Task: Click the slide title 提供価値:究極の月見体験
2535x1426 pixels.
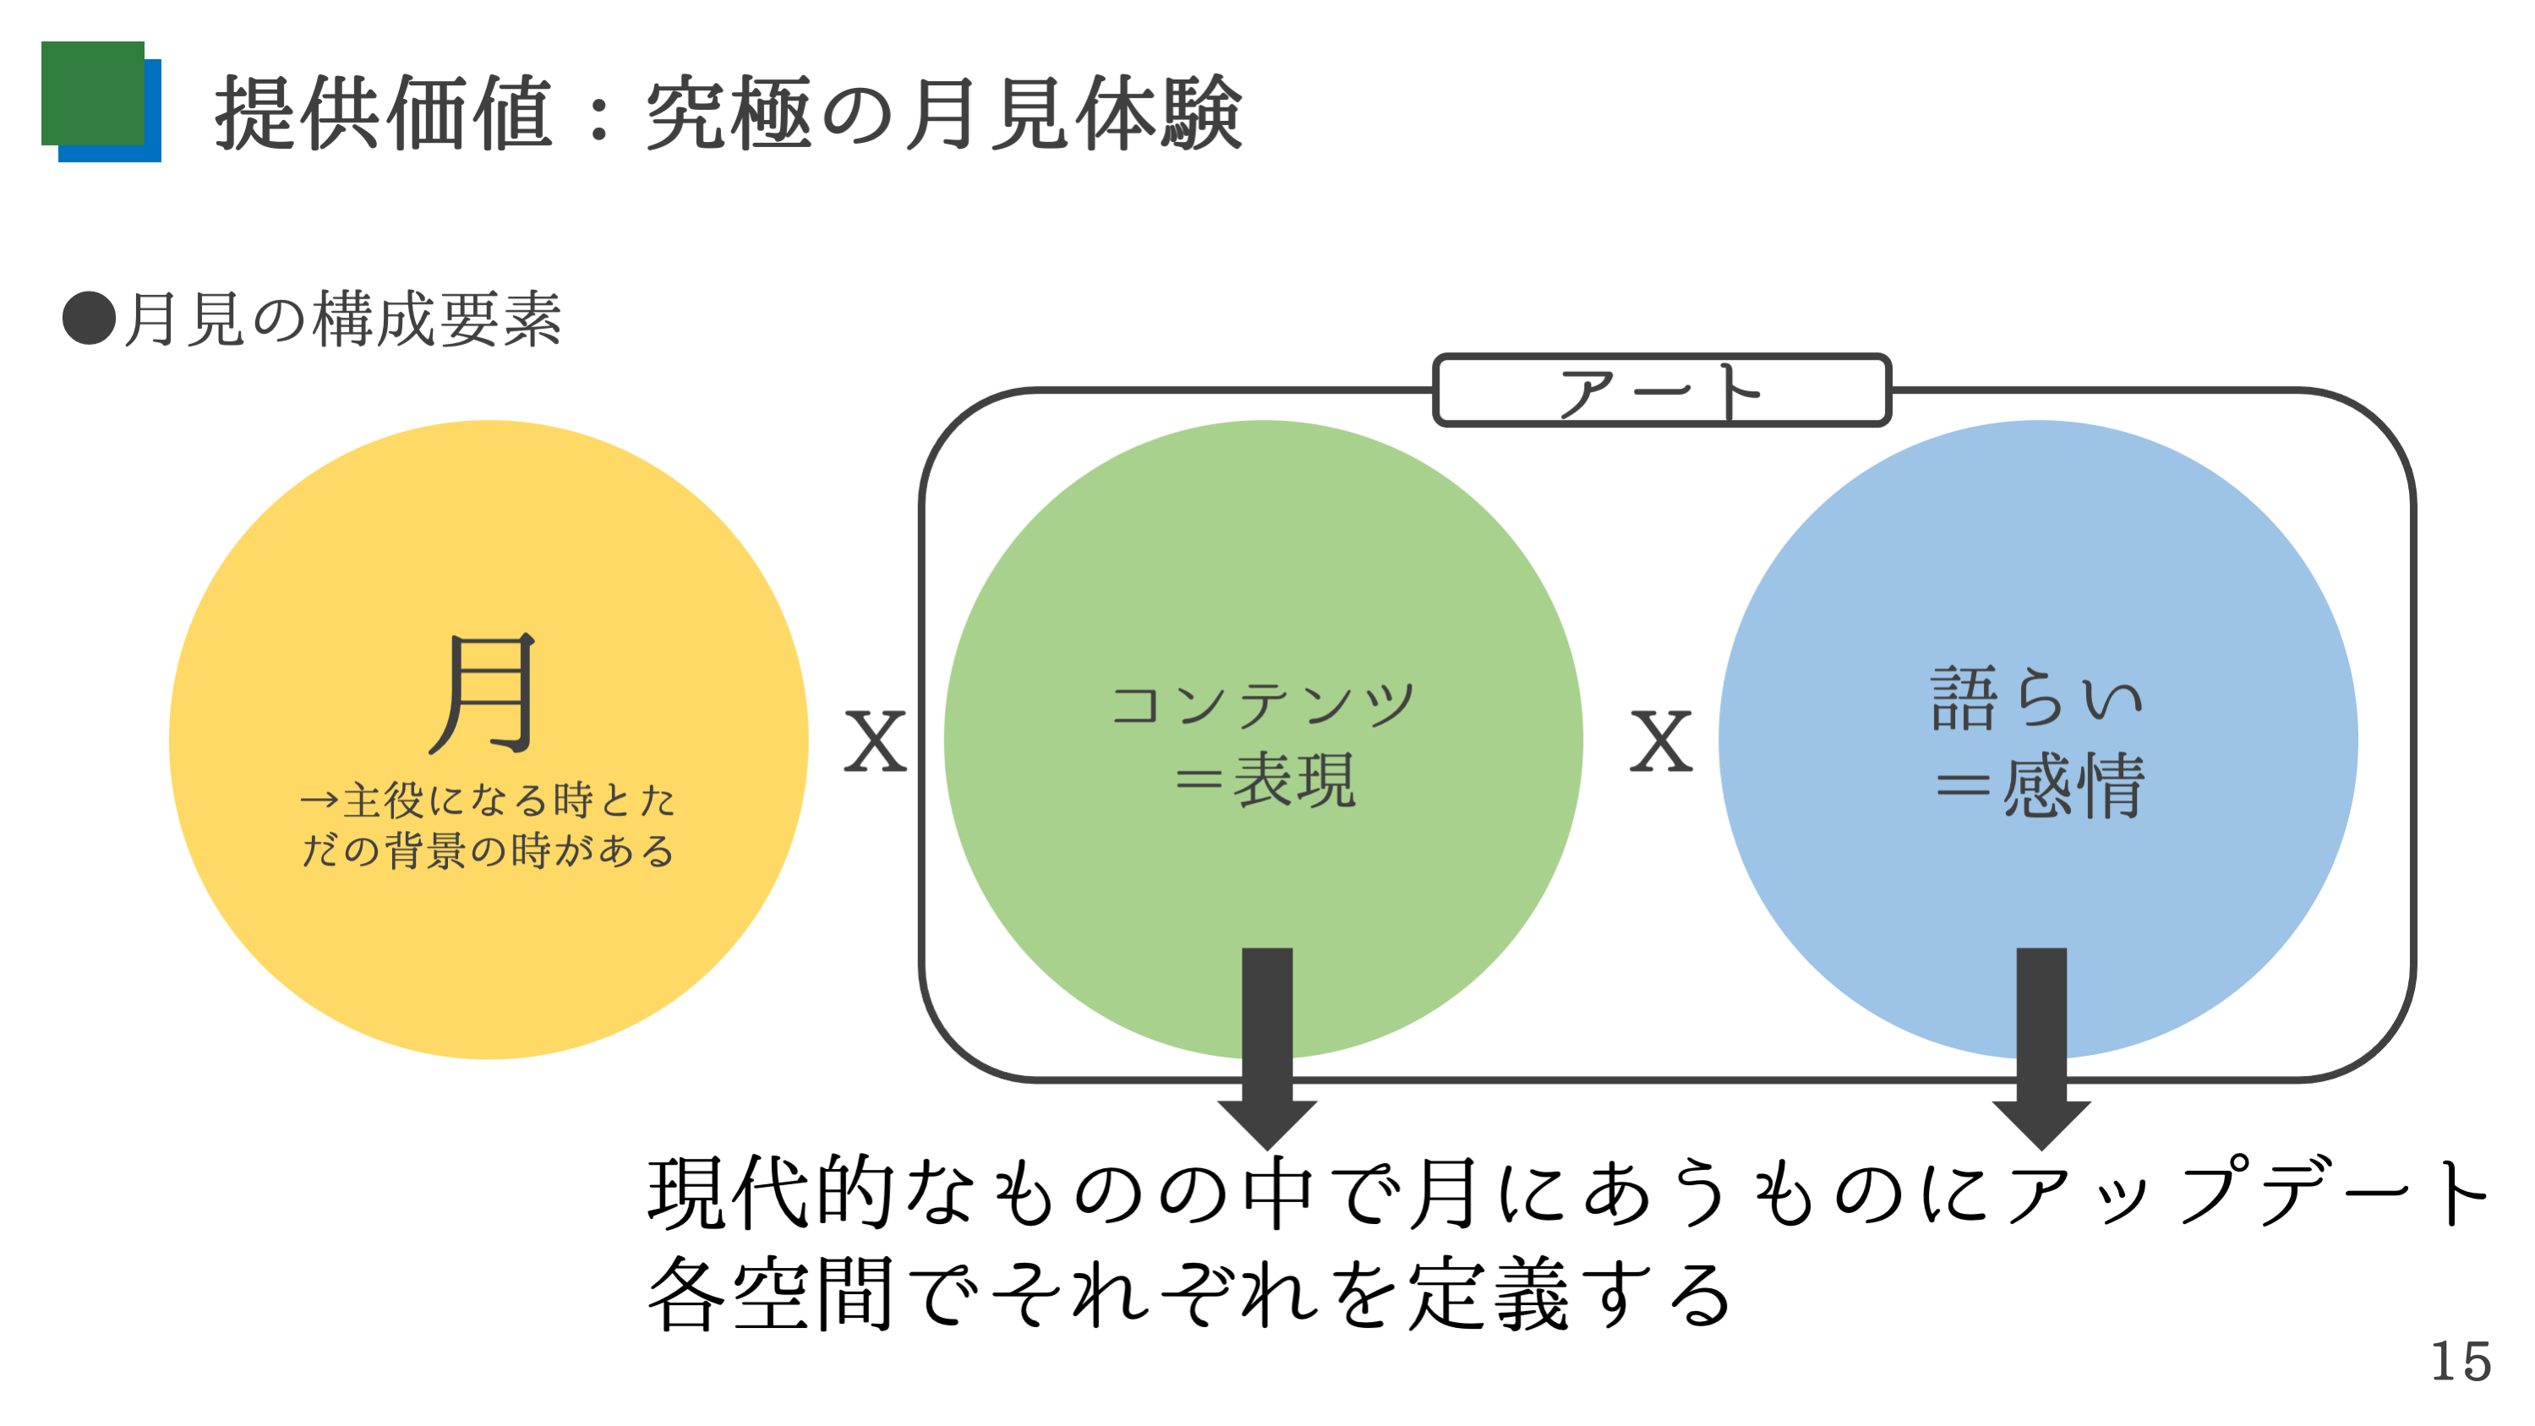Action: (729, 113)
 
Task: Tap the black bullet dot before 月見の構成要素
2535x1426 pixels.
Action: (89, 318)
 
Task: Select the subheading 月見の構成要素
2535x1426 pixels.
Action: (342, 319)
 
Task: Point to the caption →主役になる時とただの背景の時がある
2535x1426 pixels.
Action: (488, 825)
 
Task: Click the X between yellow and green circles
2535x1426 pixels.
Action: (875, 741)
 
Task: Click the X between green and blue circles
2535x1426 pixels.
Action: (1661, 741)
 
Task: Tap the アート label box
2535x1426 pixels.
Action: (1661, 390)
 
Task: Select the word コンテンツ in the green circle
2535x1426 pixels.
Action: (1264, 705)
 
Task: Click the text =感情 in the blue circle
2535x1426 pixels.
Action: (2040, 784)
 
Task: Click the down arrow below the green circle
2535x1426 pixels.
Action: (1268, 1048)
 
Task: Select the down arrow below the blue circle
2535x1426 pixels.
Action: (2042, 1048)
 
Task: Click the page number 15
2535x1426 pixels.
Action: (2461, 1362)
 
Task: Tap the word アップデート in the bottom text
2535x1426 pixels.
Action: (2248, 1192)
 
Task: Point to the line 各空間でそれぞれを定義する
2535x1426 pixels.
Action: (1188, 1293)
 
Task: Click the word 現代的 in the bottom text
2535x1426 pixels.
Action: (771, 1192)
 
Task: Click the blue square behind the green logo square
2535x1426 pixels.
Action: (109, 110)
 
